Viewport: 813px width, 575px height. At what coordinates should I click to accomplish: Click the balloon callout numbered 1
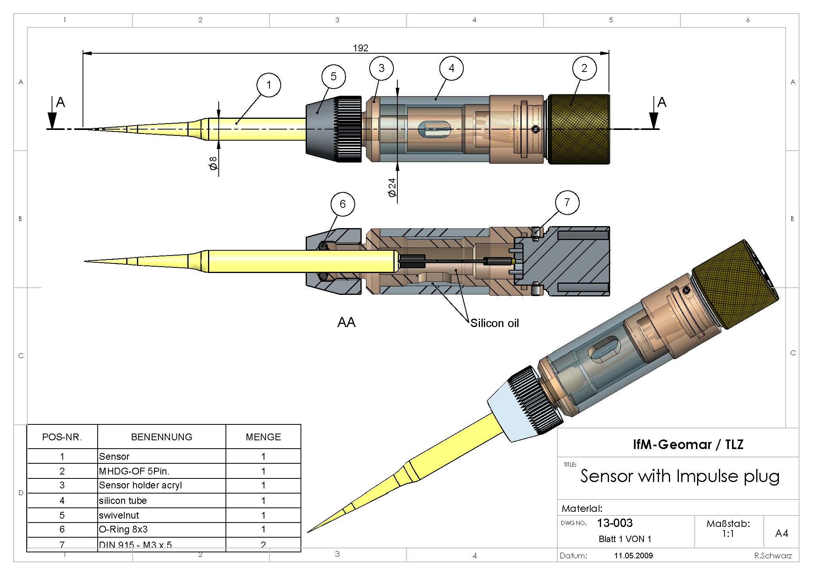pyautogui.click(x=268, y=85)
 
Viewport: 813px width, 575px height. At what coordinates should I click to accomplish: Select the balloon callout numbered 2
pyautogui.click(x=584, y=68)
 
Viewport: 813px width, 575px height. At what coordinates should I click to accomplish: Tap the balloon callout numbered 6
pyautogui.click(x=342, y=204)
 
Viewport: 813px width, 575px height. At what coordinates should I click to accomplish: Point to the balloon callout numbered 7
pyautogui.click(x=566, y=203)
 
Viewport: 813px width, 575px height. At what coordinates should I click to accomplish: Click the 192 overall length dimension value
pyautogui.click(x=360, y=48)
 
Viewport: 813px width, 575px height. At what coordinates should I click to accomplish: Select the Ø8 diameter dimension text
pyautogui.click(x=213, y=163)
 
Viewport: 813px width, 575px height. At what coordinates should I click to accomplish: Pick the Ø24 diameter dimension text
pyautogui.click(x=392, y=188)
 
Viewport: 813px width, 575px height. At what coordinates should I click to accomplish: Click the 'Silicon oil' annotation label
pyautogui.click(x=494, y=323)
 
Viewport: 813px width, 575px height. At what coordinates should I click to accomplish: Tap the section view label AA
pyautogui.click(x=346, y=322)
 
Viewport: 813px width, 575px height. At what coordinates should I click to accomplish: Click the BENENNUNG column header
pyautogui.click(x=162, y=437)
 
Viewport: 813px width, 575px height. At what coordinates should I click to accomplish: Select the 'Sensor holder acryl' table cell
pyautogui.click(x=140, y=485)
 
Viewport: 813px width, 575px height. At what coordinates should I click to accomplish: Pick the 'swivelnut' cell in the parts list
pyautogui.click(x=119, y=515)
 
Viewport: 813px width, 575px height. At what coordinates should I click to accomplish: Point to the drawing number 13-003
pyautogui.click(x=615, y=523)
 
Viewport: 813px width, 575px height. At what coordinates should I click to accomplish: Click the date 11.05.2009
pyautogui.click(x=633, y=556)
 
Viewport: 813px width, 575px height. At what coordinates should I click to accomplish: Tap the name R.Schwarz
pyautogui.click(x=773, y=556)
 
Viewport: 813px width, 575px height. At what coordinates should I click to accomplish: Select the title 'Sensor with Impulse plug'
pyautogui.click(x=680, y=476)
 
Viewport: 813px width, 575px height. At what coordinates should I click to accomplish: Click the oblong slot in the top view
pyautogui.click(x=435, y=129)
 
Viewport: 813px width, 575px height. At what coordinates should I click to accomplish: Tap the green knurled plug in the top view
pyautogui.click(x=579, y=129)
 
